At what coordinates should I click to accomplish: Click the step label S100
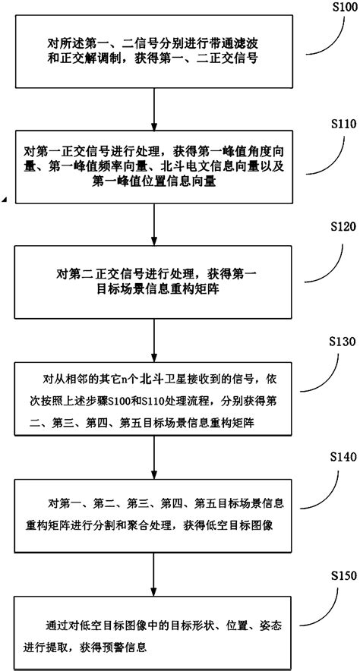[339, 7]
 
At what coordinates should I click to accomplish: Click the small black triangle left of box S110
[4, 199]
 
